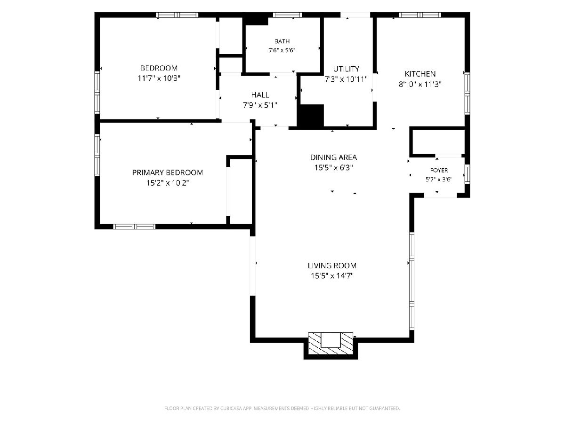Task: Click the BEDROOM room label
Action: [x=159, y=68]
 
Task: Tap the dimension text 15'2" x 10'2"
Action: [x=168, y=183]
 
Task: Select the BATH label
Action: [x=282, y=41]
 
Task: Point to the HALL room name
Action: [x=260, y=95]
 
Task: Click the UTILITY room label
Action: [x=346, y=69]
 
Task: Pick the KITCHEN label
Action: [x=420, y=74]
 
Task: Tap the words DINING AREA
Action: [x=333, y=157]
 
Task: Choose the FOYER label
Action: [x=439, y=170]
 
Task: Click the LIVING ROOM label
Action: [x=332, y=266]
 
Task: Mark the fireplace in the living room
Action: [x=331, y=344]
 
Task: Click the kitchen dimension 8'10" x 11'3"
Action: [x=420, y=84]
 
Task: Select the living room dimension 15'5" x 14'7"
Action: [x=332, y=276]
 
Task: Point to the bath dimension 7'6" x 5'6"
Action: [x=282, y=50]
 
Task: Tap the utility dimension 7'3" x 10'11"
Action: [x=346, y=79]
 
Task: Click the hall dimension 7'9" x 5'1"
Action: [x=260, y=105]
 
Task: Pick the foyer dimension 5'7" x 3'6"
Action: [x=439, y=179]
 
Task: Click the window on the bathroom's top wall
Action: [x=287, y=15]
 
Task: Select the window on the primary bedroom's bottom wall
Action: [x=134, y=227]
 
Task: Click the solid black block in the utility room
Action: [x=310, y=116]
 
